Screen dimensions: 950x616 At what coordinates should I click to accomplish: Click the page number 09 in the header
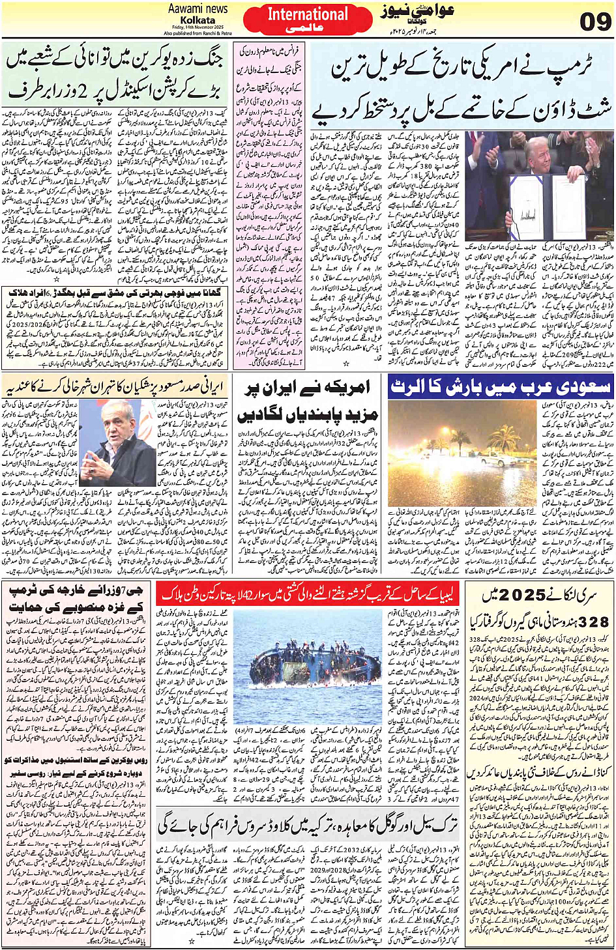coord(595,22)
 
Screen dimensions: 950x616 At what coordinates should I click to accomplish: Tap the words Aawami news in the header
coord(198,9)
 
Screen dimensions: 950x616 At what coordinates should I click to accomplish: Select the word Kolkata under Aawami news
coord(198,20)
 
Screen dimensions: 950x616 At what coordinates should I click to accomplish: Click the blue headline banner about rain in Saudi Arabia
coord(500,387)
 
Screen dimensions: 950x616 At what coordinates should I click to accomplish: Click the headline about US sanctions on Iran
coord(306,401)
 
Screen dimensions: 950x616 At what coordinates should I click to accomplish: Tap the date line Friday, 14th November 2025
coord(198,27)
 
